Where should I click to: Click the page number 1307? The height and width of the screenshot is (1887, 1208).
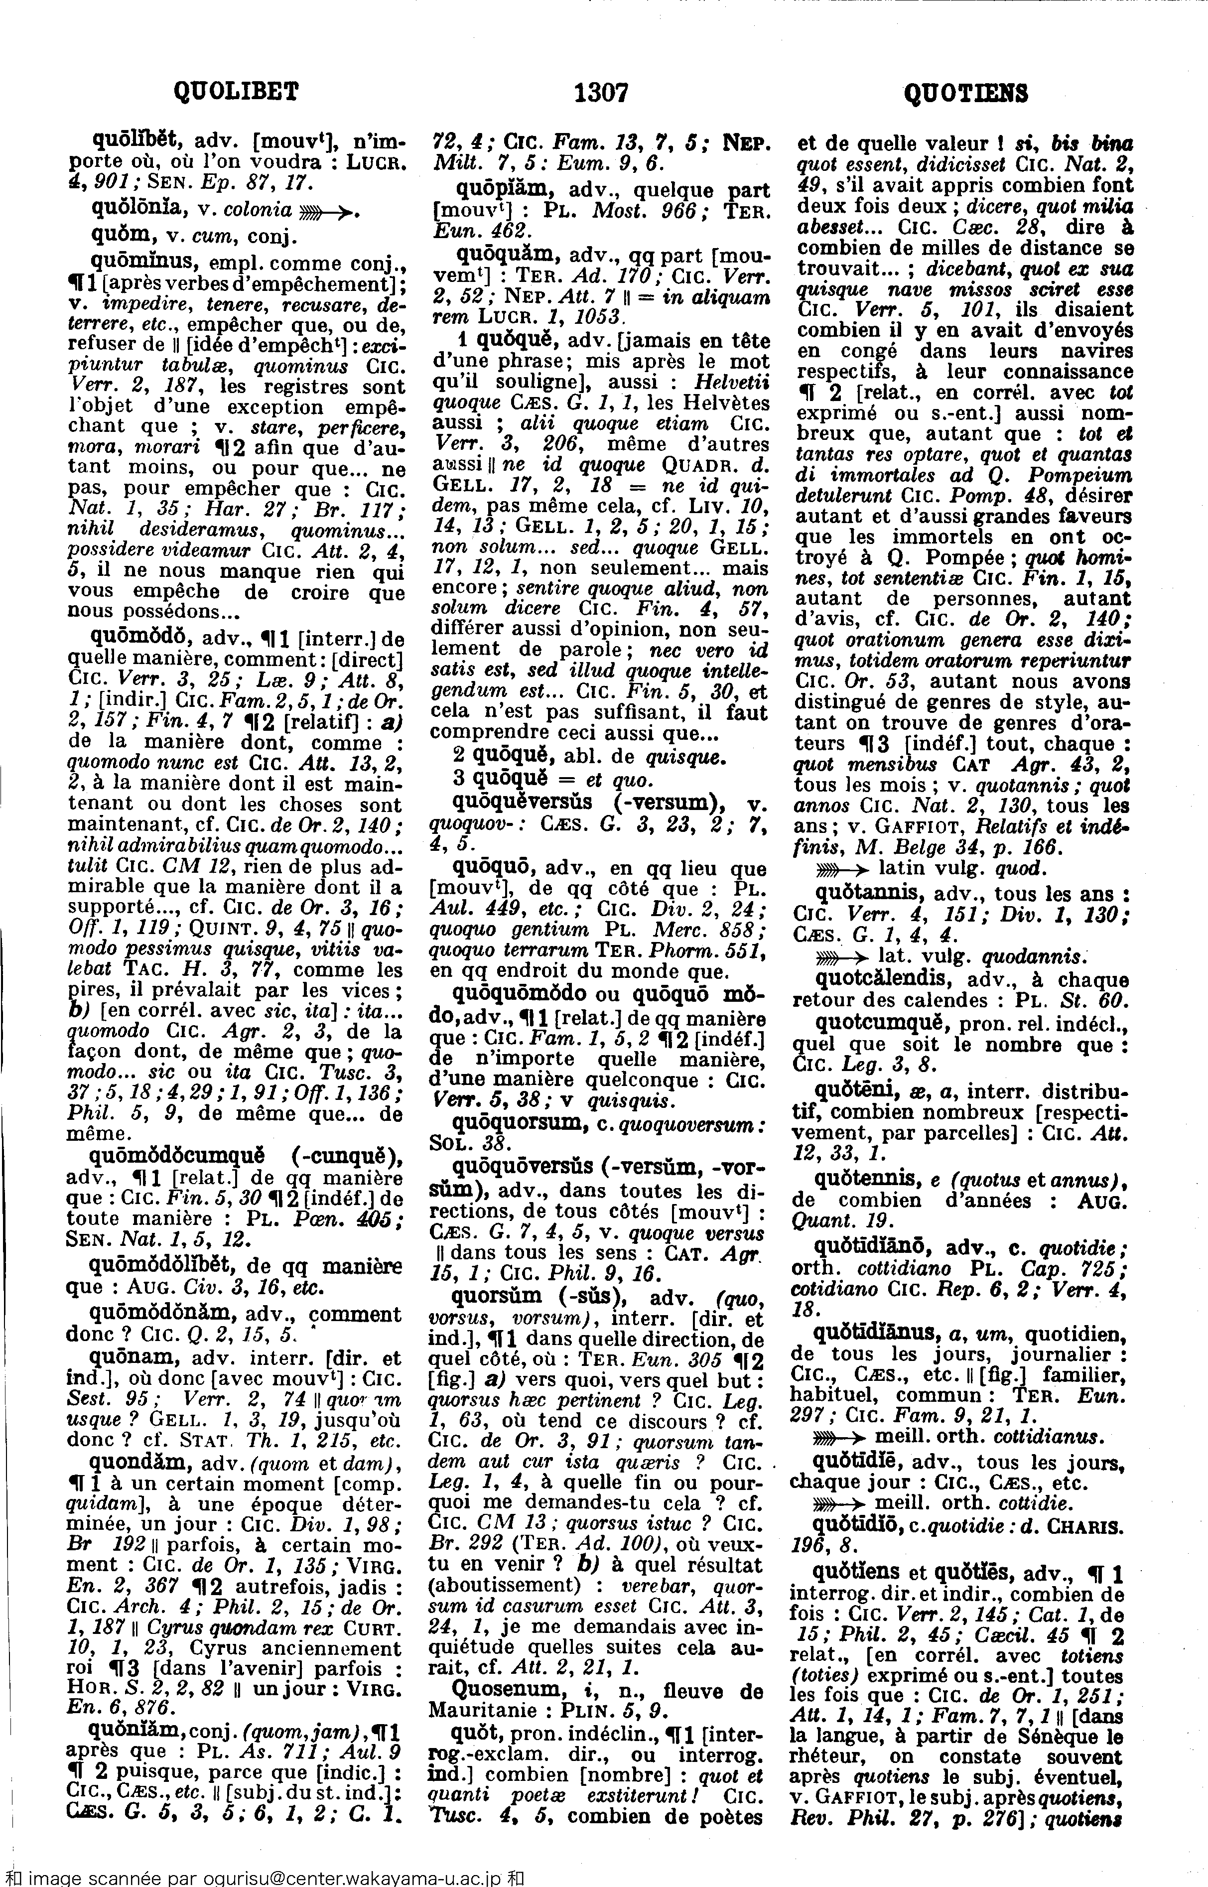point(602,93)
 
